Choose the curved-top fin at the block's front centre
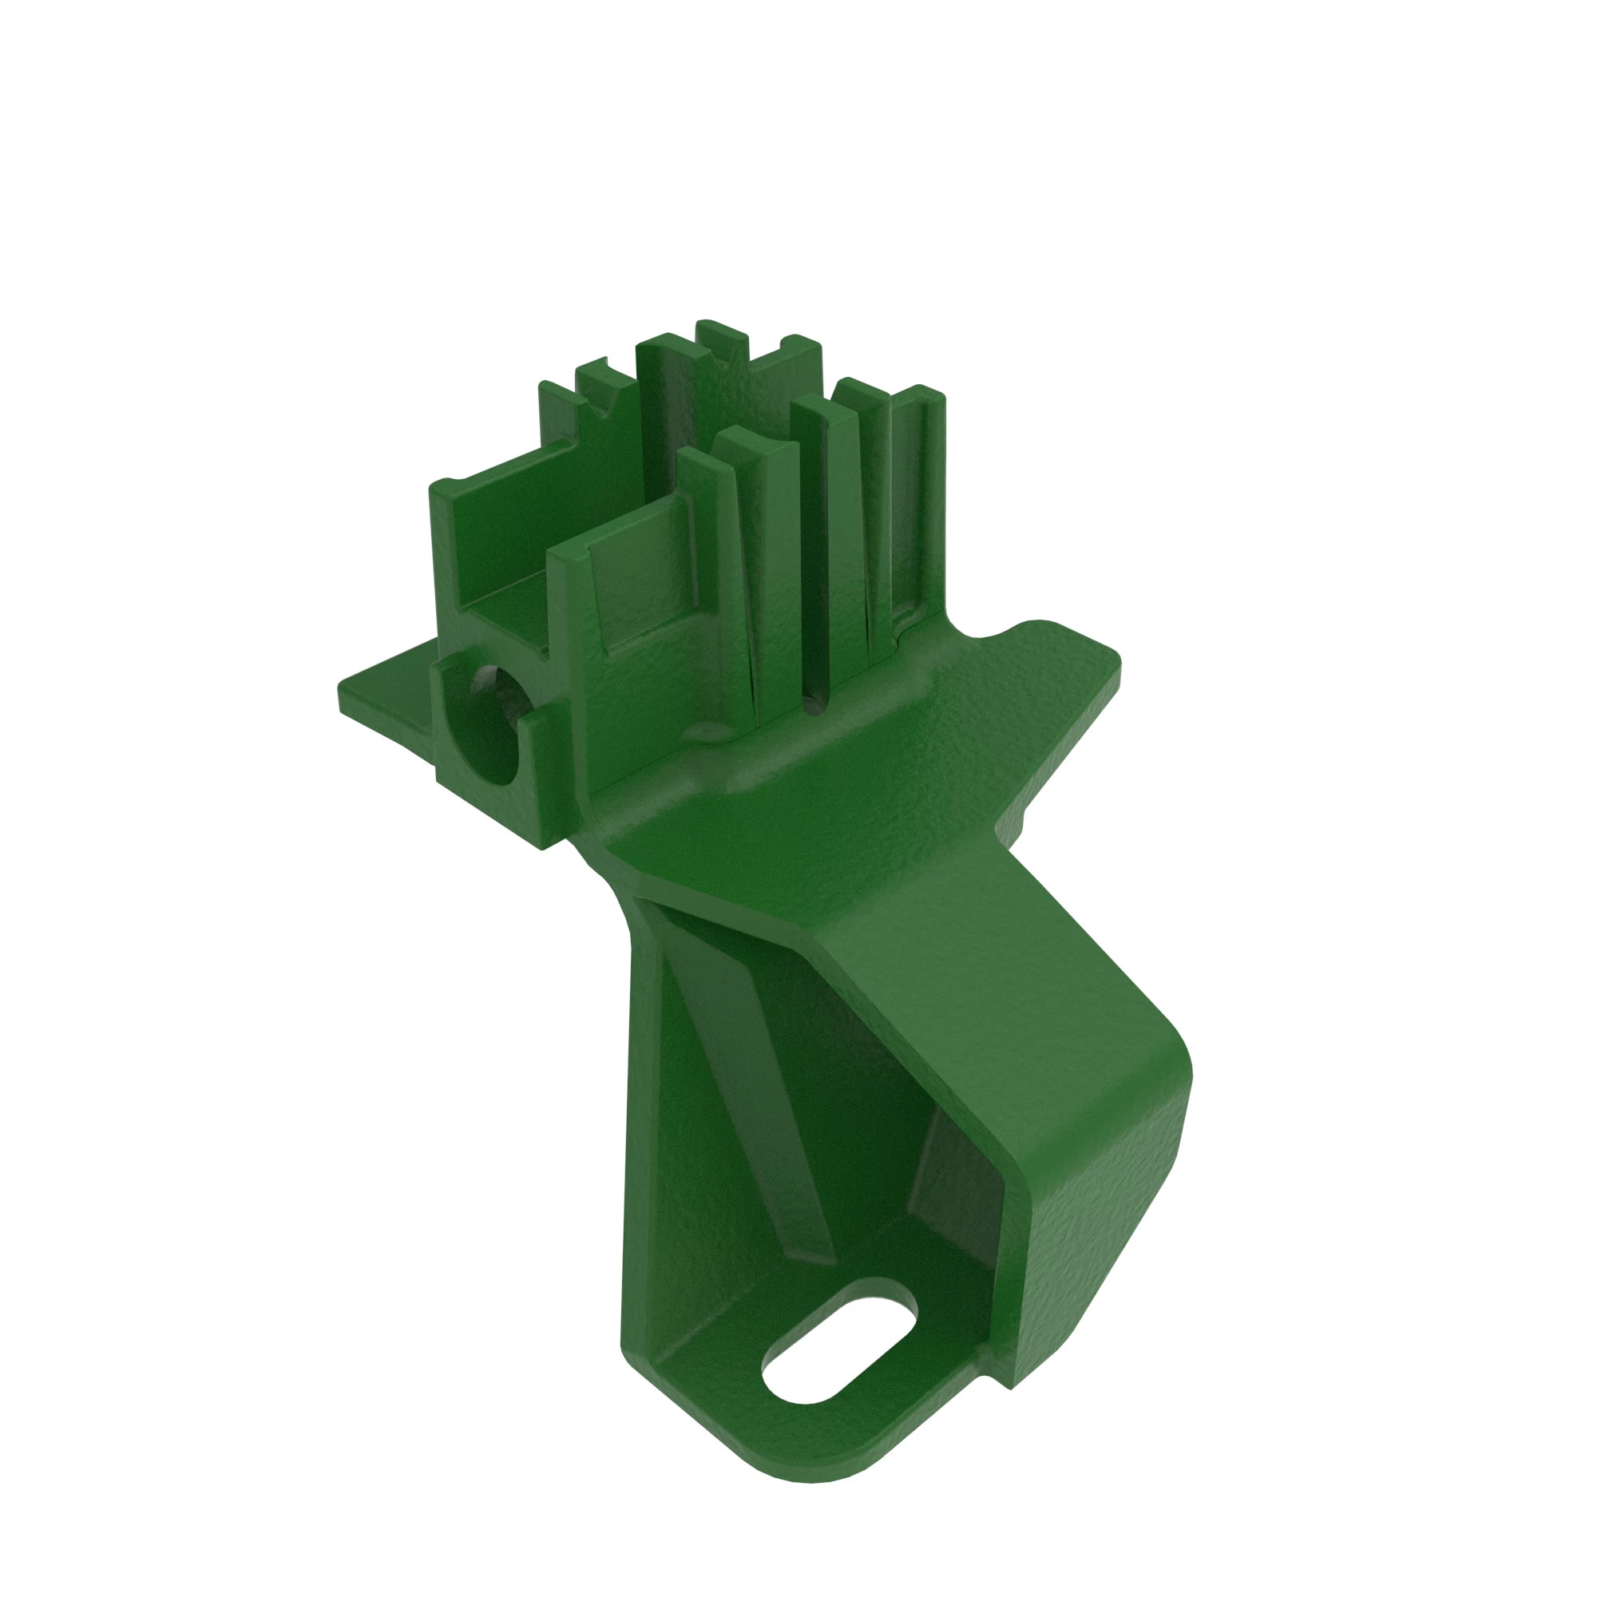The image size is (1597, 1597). (x=756, y=537)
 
